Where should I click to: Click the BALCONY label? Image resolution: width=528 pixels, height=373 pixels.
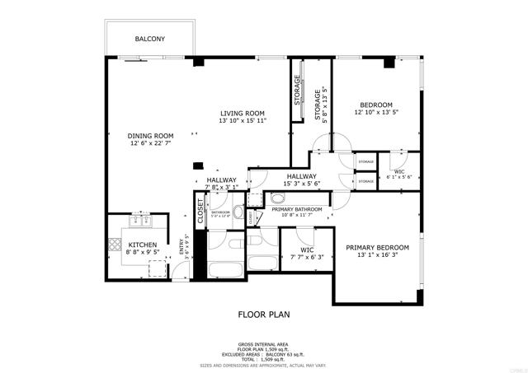(149, 39)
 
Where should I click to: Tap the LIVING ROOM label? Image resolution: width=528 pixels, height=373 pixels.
(242, 113)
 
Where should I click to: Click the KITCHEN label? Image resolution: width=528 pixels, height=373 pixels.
(142, 245)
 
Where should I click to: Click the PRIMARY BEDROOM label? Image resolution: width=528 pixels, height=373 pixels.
(377, 247)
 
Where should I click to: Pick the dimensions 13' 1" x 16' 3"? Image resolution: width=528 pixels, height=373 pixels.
(377, 255)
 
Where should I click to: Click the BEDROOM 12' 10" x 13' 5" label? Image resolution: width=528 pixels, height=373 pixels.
(375, 105)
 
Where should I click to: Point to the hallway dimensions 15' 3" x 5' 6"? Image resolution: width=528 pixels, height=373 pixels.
(303, 183)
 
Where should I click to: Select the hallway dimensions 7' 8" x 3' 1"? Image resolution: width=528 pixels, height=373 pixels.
(221, 187)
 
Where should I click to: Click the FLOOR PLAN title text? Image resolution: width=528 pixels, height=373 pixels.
(263, 314)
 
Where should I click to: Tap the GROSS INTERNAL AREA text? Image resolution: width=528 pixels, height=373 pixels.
(263, 343)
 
